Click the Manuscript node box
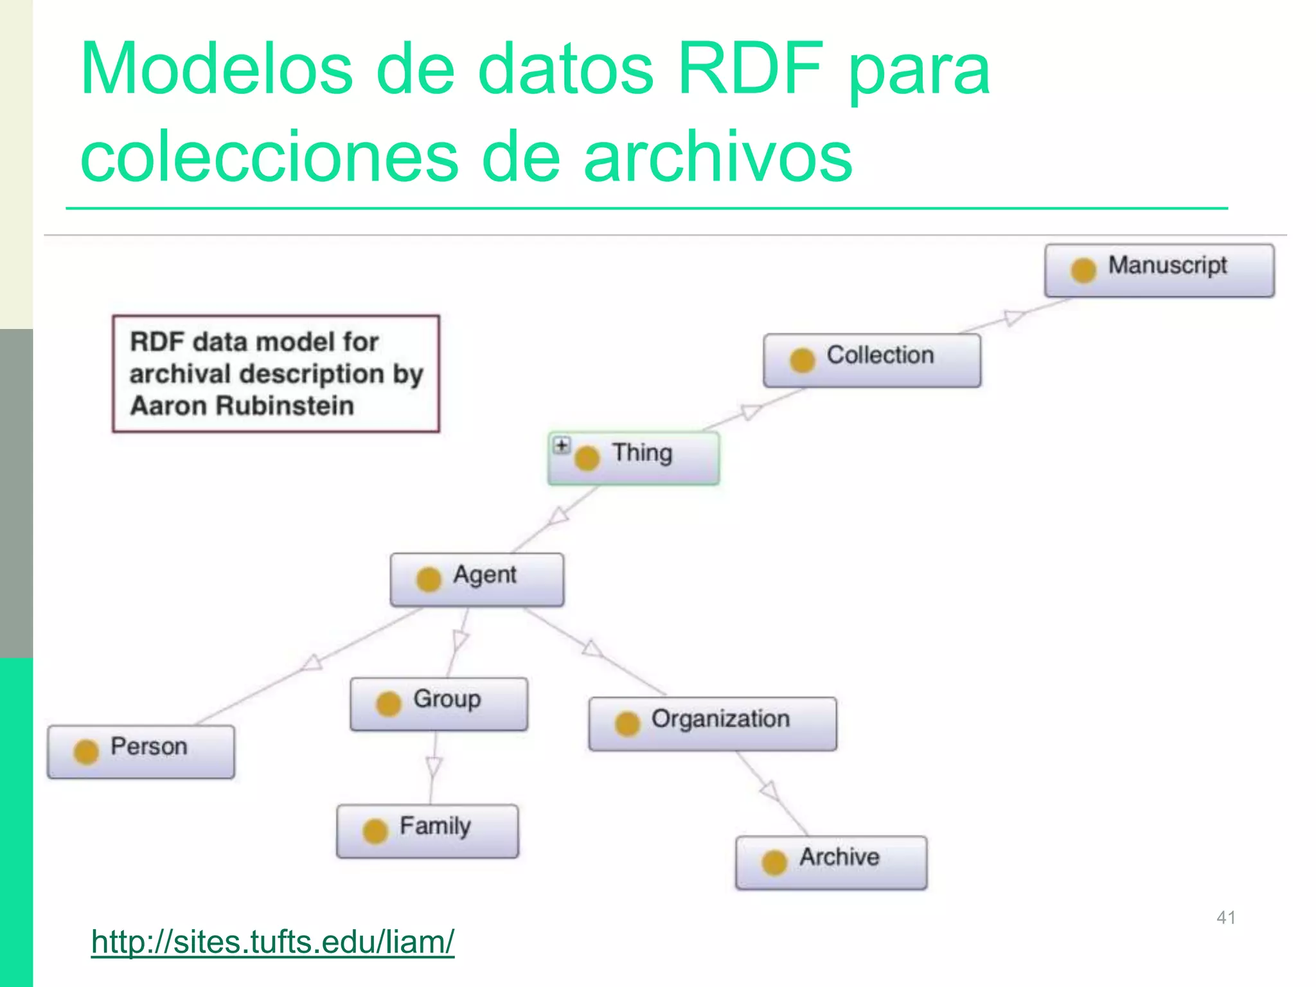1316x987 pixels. [x=1159, y=270]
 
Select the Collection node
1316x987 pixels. [x=872, y=360]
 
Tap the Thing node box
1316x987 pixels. [x=634, y=458]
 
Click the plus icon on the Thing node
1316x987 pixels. [x=562, y=445]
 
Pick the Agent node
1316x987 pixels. [x=477, y=579]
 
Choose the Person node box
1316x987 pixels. [x=141, y=751]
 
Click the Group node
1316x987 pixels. [x=439, y=704]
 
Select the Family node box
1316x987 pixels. [x=427, y=830]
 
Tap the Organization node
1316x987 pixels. [x=712, y=724]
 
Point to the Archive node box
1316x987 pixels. [x=831, y=862]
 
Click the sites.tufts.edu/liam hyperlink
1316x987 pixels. [x=272, y=942]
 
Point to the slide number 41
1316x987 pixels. [x=1225, y=917]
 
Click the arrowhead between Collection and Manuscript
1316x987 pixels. [x=1014, y=317]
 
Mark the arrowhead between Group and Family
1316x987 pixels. [x=434, y=767]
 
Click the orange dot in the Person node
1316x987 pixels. [x=86, y=752]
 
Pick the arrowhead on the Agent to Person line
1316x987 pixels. [x=312, y=662]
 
